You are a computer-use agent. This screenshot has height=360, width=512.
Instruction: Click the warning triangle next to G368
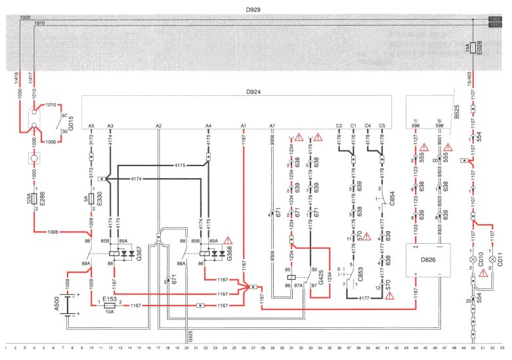[x=228, y=239]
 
